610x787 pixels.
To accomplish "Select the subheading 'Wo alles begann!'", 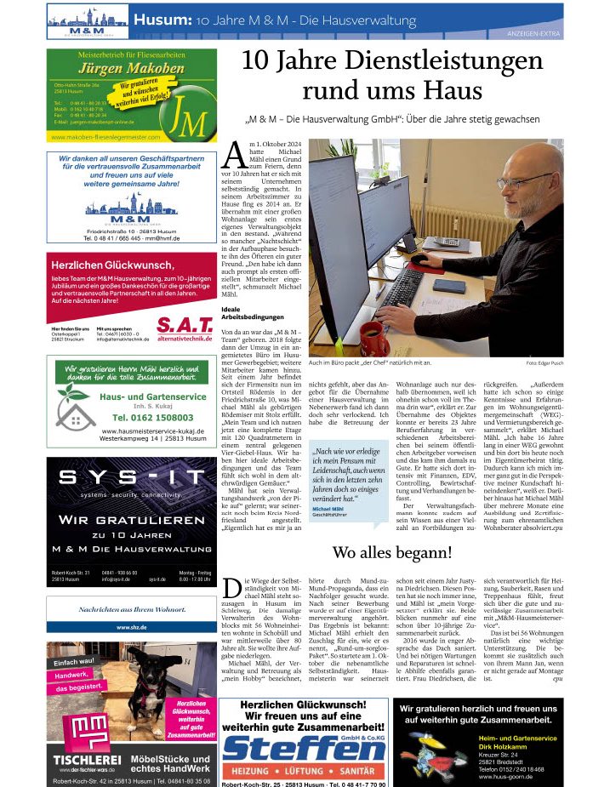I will (392, 552).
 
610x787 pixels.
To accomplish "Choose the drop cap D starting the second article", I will (230, 587).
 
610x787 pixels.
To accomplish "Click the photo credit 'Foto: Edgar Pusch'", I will (544, 363).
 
